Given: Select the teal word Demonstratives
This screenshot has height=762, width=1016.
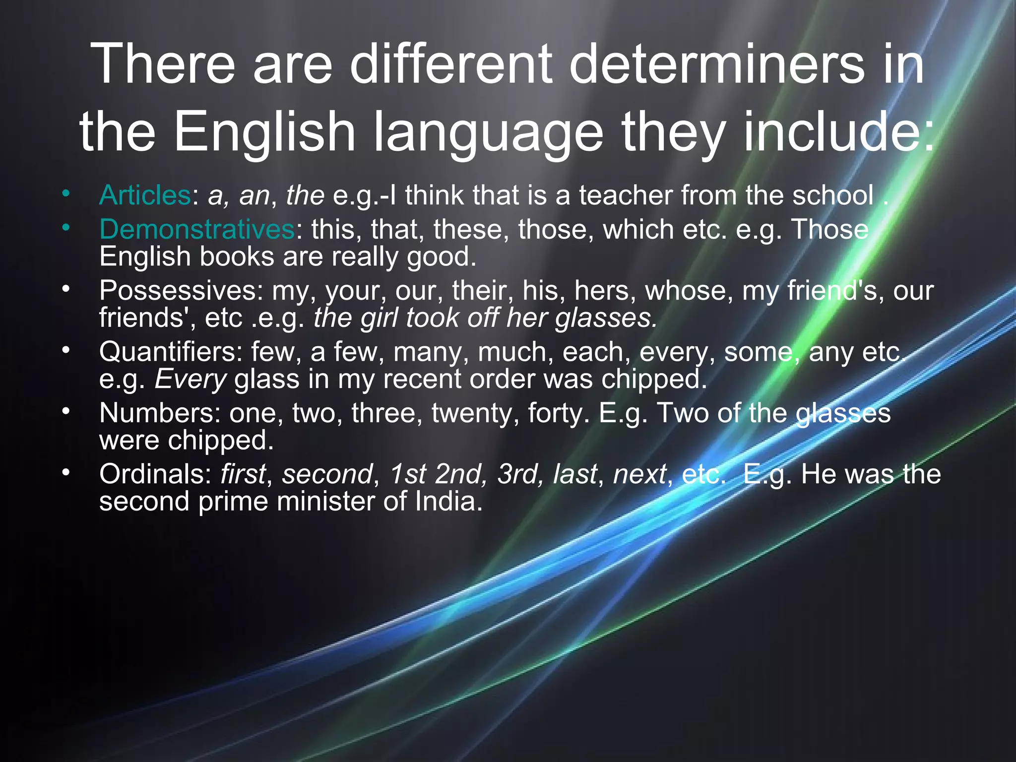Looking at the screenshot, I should (x=197, y=229).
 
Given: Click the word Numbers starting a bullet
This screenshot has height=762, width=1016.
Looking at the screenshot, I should (x=160, y=413).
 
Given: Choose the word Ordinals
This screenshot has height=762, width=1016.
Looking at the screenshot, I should (x=155, y=474).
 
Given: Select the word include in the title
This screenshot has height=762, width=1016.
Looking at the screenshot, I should (x=838, y=131).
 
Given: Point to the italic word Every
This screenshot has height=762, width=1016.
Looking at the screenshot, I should (x=190, y=380).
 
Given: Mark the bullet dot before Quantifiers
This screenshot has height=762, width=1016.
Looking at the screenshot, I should (x=66, y=350).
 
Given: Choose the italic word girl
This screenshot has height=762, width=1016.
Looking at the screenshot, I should (x=379, y=318).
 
